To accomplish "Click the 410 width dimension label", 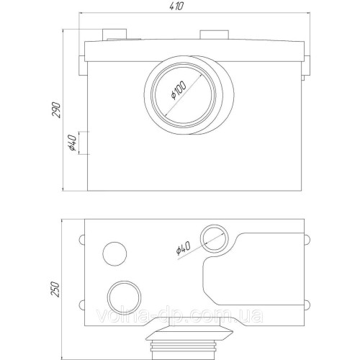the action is coord(176,6).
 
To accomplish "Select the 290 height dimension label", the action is coord(56,110).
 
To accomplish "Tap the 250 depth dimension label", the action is coord(55,289).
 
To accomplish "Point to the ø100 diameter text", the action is coord(179,91).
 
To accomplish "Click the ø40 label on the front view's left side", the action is coord(72,143).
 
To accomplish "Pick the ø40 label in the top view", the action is coord(183,248).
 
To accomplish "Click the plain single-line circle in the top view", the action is coord(114,253).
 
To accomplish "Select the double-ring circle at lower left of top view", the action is coord(124,297).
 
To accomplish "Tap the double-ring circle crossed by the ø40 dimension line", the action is coord(215,238).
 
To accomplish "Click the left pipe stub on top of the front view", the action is coord(114,35).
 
